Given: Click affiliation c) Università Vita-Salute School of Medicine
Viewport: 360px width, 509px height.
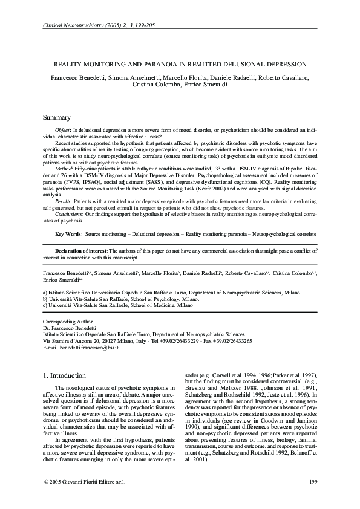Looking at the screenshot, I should coord(118,306).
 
